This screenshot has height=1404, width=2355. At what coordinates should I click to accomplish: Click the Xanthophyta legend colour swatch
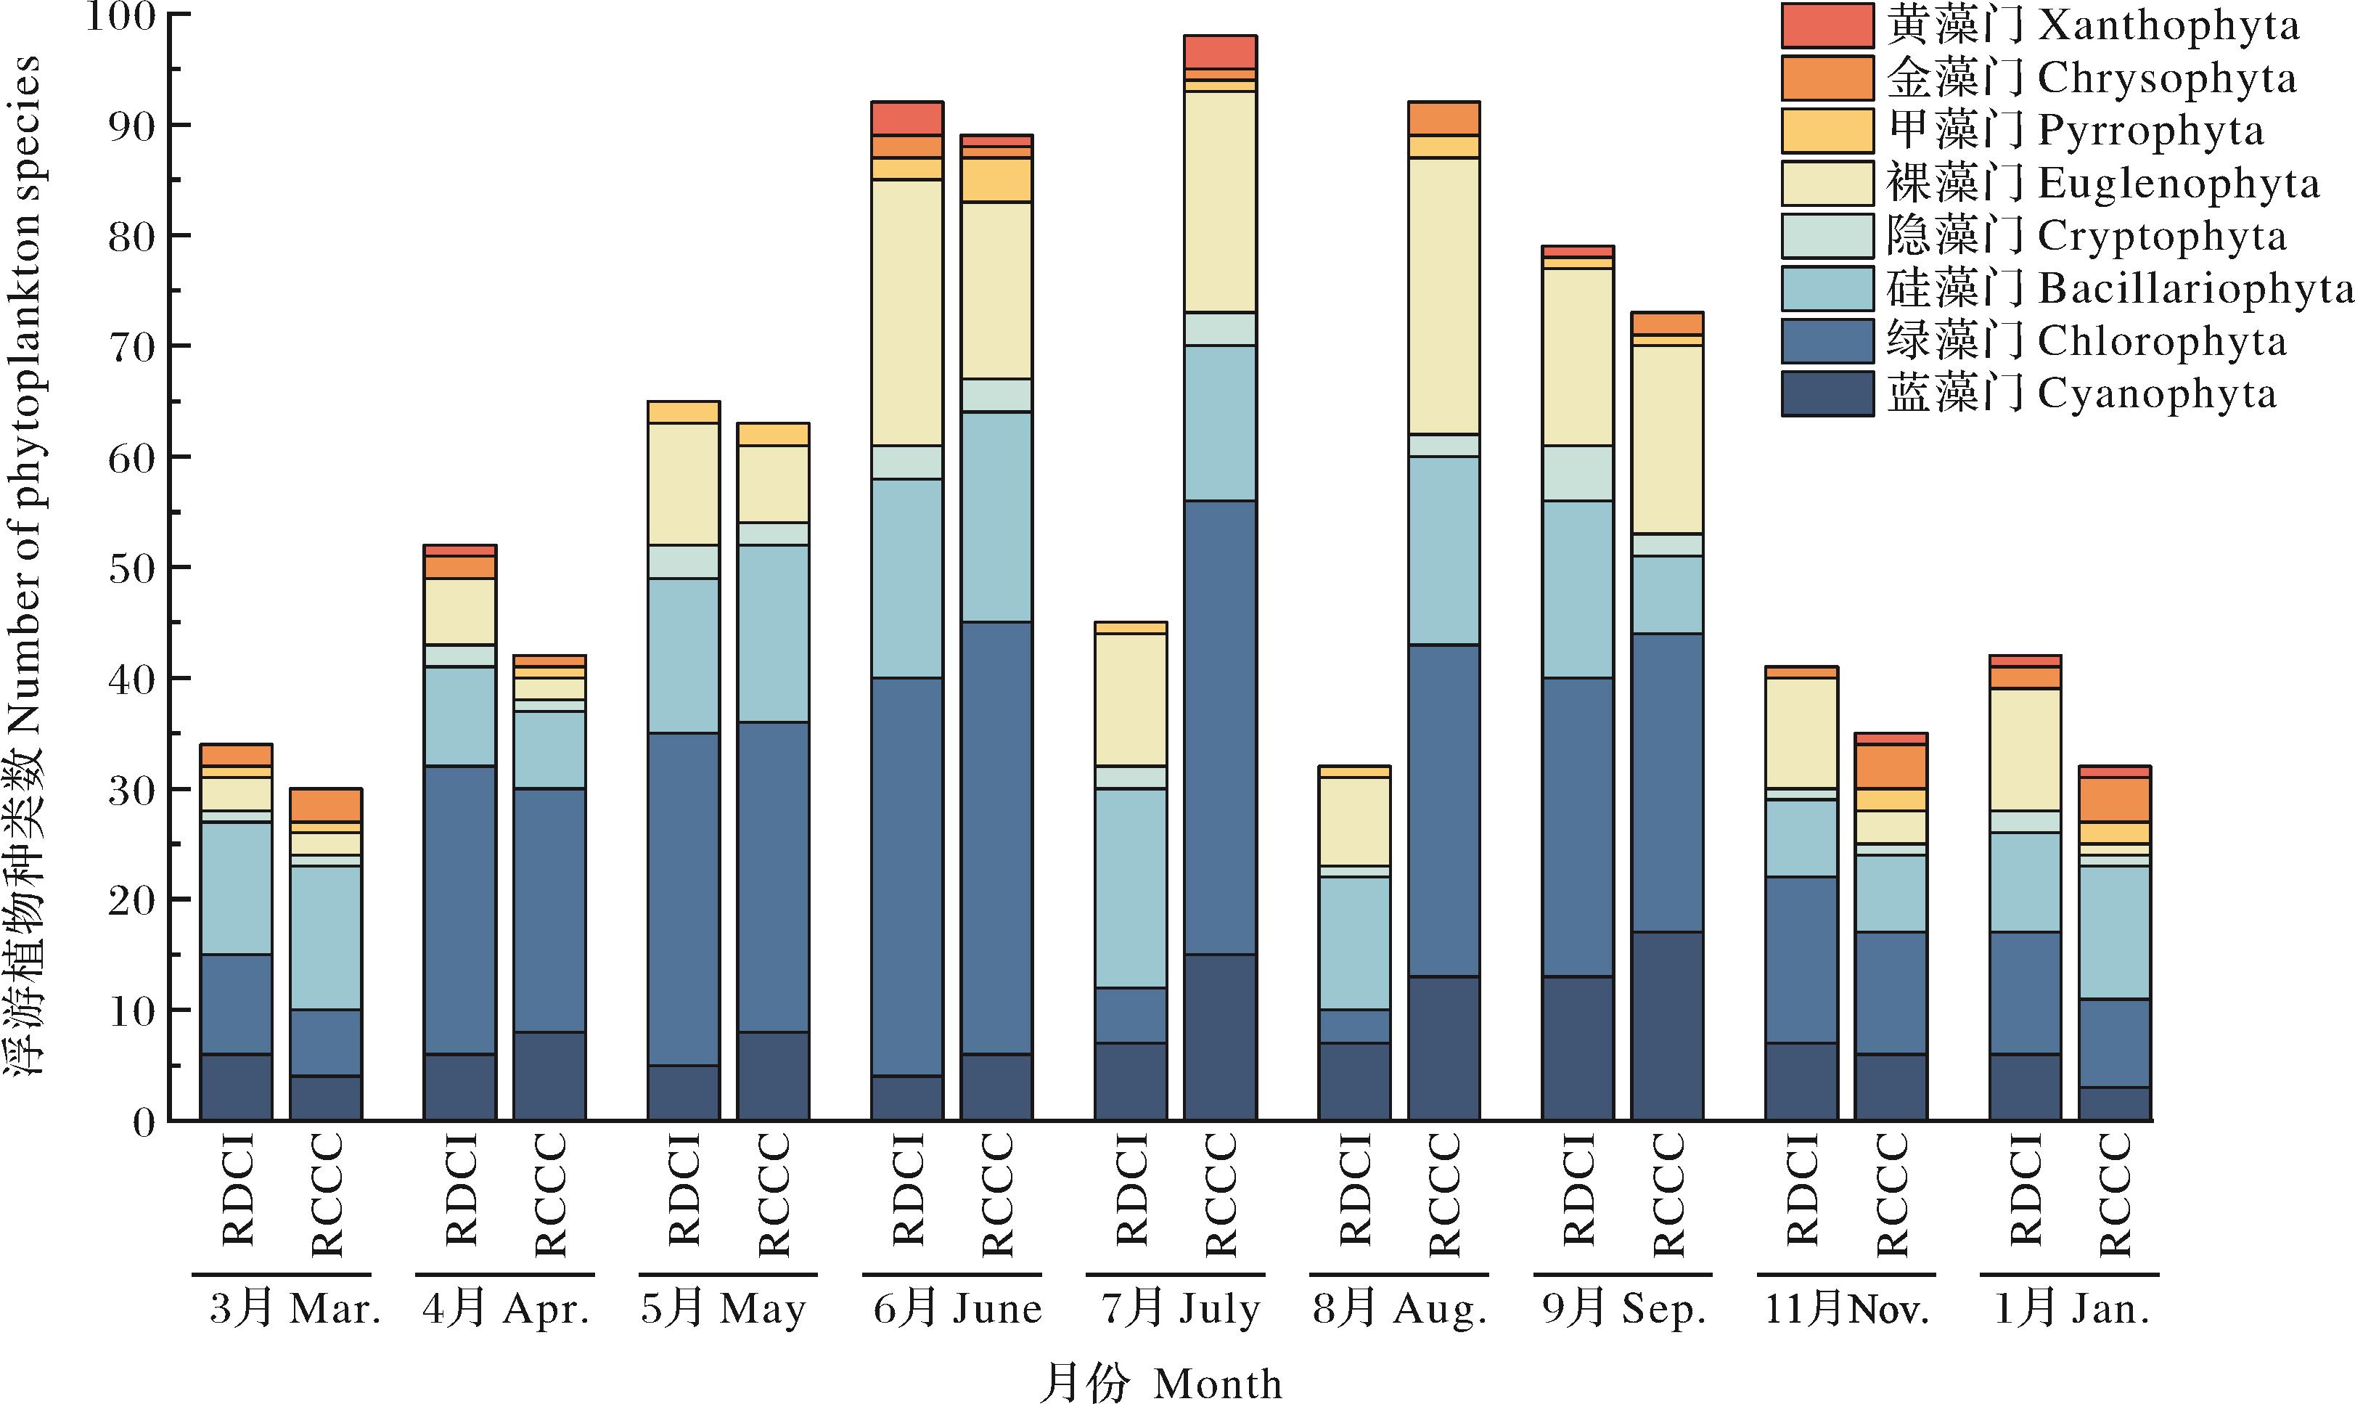coord(1827,25)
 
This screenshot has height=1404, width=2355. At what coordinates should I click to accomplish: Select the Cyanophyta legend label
coord(2081,393)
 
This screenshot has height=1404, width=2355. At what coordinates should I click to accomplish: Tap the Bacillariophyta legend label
coord(2118,288)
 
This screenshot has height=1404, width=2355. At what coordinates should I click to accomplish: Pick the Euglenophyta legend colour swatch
coord(1827,184)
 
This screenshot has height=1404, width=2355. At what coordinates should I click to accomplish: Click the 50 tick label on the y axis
coord(131,568)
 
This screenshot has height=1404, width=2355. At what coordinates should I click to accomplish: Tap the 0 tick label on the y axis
coord(144,1123)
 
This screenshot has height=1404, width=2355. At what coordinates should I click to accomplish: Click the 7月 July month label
coord(1180,1310)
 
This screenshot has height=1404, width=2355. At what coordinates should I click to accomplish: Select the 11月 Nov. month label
coord(1846,1310)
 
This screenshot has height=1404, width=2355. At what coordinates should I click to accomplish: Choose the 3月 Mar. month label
coord(294,1310)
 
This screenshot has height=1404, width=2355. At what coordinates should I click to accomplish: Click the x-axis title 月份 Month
coord(1160,1383)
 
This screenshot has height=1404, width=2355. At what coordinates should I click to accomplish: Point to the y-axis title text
coord(25,568)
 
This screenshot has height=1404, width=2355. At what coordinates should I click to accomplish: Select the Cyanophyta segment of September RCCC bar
coord(1666,1027)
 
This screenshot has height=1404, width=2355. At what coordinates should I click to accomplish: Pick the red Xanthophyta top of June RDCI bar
coord(906,118)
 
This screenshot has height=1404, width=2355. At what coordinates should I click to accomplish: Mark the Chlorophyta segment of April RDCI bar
coord(459,909)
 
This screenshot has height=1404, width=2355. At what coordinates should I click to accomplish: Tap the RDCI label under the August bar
coord(1354,1189)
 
